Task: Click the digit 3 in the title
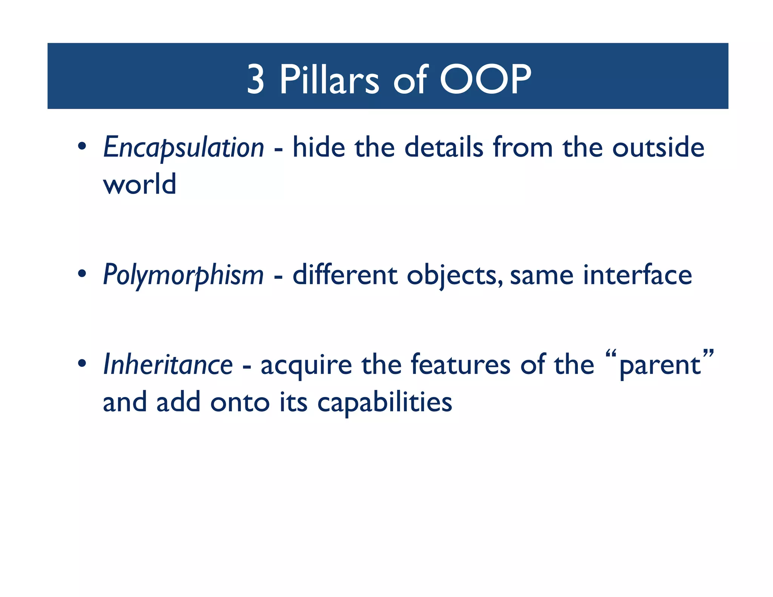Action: click(256, 79)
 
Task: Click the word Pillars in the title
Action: click(329, 79)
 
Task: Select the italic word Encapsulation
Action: click(183, 148)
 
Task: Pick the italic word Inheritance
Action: click(168, 365)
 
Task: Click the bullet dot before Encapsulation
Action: click(82, 146)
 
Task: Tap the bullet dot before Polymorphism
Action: click(82, 274)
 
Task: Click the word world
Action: click(140, 184)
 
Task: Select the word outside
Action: click(658, 147)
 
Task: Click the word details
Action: click(443, 147)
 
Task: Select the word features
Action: click(460, 365)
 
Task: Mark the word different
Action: click(345, 275)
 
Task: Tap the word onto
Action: click(240, 402)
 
